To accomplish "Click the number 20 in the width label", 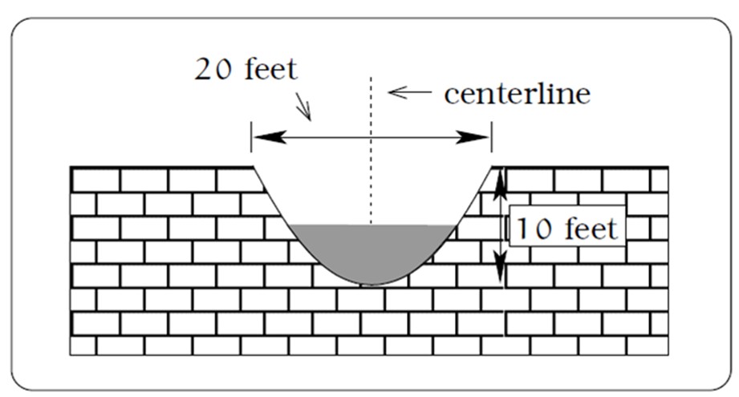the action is tap(213, 70).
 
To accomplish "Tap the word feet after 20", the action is tap(271, 69).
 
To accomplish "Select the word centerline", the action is tap(517, 94).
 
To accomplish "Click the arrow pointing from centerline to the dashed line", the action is tap(409, 92).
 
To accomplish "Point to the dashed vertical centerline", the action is tap(371, 150).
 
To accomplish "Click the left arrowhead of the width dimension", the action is tap(269, 137).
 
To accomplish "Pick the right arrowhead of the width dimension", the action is tap(473, 137).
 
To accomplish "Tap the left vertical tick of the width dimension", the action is tap(251, 136).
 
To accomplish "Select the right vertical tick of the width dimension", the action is tap(492, 136).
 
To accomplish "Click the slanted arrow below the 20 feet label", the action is tap(303, 107).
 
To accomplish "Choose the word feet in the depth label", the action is tap(591, 229).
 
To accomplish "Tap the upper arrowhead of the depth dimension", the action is tap(501, 184).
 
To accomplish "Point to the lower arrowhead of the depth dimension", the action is tap(501, 266).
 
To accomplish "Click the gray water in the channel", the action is tap(371, 249).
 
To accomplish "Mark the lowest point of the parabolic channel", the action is tap(371, 285).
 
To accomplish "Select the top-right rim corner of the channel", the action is tap(492, 167).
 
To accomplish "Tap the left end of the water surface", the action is tap(289, 225).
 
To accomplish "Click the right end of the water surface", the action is tap(457, 225).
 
